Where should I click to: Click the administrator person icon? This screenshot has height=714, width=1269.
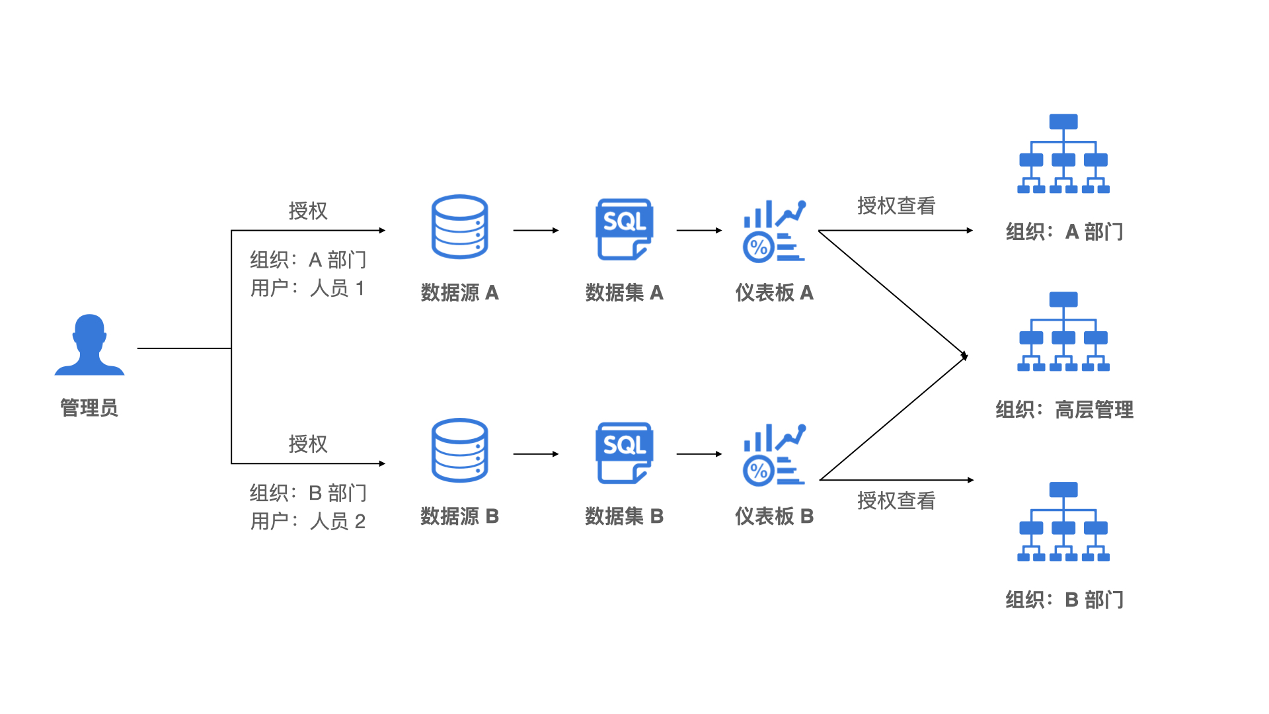click(89, 345)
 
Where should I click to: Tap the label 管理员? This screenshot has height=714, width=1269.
click(89, 408)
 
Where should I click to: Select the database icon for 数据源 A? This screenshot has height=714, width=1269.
click(459, 227)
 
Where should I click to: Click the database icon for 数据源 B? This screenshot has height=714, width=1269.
click(459, 450)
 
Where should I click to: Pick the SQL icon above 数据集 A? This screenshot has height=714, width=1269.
click(624, 229)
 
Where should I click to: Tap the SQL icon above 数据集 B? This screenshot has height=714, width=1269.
click(624, 453)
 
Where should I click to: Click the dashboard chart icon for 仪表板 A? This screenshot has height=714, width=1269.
click(774, 231)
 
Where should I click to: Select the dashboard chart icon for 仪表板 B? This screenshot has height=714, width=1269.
click(774, 454)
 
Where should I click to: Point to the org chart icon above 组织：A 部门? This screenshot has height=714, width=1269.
click(1063, 154)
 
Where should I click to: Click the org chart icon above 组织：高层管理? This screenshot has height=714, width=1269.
click(1063, 332)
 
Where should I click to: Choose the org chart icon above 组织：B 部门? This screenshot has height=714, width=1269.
click(1063, 522)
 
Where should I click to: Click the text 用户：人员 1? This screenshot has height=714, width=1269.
click(307, 288)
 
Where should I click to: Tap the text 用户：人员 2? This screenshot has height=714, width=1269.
click(307, 522)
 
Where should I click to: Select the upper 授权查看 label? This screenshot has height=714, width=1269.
click(896, 206)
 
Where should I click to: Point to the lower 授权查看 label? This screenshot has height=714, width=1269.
click(896, 501)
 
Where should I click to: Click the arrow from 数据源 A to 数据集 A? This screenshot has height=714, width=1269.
click(535, 231)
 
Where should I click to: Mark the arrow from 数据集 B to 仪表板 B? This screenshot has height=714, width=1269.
click(699, 454)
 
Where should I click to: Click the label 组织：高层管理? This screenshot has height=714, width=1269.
click(1064, 410)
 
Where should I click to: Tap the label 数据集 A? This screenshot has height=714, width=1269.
click(624, 293)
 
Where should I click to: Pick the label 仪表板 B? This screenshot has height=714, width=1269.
click(774, 516)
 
